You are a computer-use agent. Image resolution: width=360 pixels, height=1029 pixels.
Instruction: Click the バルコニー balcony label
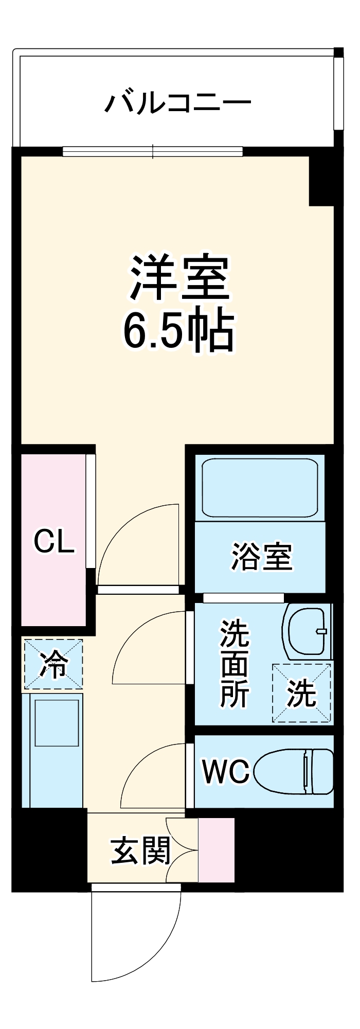tap(178, 102)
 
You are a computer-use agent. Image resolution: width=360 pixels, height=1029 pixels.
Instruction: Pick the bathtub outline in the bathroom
tap(260, 487)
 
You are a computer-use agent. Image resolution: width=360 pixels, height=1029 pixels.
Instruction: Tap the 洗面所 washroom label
tap(235, 664)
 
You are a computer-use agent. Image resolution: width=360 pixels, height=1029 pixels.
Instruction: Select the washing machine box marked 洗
tap(302, 693)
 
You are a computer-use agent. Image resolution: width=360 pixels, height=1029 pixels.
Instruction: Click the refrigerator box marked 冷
tap(53, 664)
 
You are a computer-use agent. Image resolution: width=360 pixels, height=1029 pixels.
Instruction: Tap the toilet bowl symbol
tap(293, 772)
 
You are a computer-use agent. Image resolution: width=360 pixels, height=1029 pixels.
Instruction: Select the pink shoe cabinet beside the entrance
tap(216, 849)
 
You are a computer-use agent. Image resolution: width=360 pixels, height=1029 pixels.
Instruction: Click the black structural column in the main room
tap(321, 180)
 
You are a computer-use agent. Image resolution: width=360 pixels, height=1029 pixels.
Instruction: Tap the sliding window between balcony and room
tap(153, 151)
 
